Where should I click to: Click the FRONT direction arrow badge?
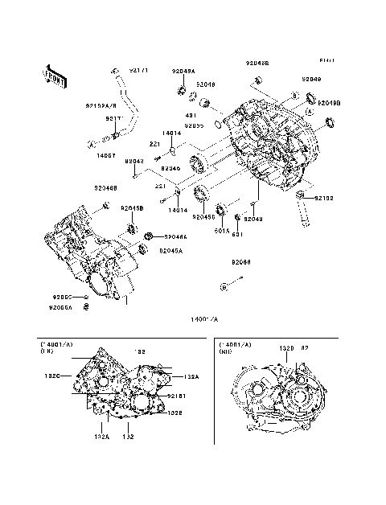click(x=52, y=75)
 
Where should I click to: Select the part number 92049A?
click(x=183, y=70)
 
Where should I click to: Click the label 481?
click(x=190, y=114)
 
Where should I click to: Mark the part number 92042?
click(x=134, y=162)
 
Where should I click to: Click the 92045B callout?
click(x=132, y=208)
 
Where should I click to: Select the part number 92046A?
click(x=175, y=236)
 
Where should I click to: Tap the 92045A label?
click(x=170, y=251)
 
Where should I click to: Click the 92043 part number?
click(x=253, y=219)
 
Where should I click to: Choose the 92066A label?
click(x=60, y=307)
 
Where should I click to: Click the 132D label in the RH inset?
click(x=285, y=349)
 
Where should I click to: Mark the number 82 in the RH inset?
click(x=305, y=349)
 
